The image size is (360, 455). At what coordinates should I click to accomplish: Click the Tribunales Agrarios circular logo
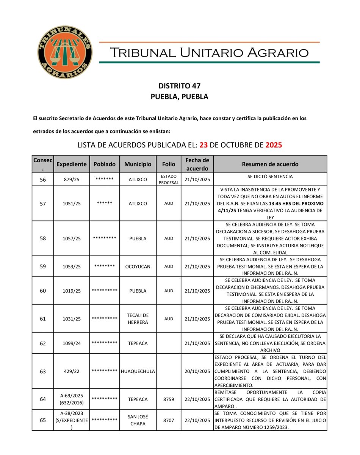65,53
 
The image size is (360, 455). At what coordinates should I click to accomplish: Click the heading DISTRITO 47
179,86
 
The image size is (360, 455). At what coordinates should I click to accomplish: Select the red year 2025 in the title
274,145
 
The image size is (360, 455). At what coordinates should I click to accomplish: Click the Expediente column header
72,164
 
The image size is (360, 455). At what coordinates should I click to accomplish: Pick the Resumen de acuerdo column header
270,164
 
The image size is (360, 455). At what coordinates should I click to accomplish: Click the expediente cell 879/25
72,180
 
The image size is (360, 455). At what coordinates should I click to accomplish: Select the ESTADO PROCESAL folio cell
169,179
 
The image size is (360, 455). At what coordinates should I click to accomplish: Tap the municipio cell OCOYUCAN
138,267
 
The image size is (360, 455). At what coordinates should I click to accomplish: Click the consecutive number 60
43,291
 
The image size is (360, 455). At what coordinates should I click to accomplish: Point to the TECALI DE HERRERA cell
138,319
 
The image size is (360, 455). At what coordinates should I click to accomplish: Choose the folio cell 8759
169,399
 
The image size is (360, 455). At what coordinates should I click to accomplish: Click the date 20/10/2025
197,372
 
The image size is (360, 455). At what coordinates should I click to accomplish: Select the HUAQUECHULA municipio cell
138,372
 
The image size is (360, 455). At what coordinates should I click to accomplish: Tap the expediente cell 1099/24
72,344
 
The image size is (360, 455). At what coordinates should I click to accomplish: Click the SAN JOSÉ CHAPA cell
138,420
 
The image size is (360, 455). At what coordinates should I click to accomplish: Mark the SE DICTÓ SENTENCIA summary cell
270,177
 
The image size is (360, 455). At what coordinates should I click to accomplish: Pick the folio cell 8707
169,420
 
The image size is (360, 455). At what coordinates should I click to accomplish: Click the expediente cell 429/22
72,372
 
